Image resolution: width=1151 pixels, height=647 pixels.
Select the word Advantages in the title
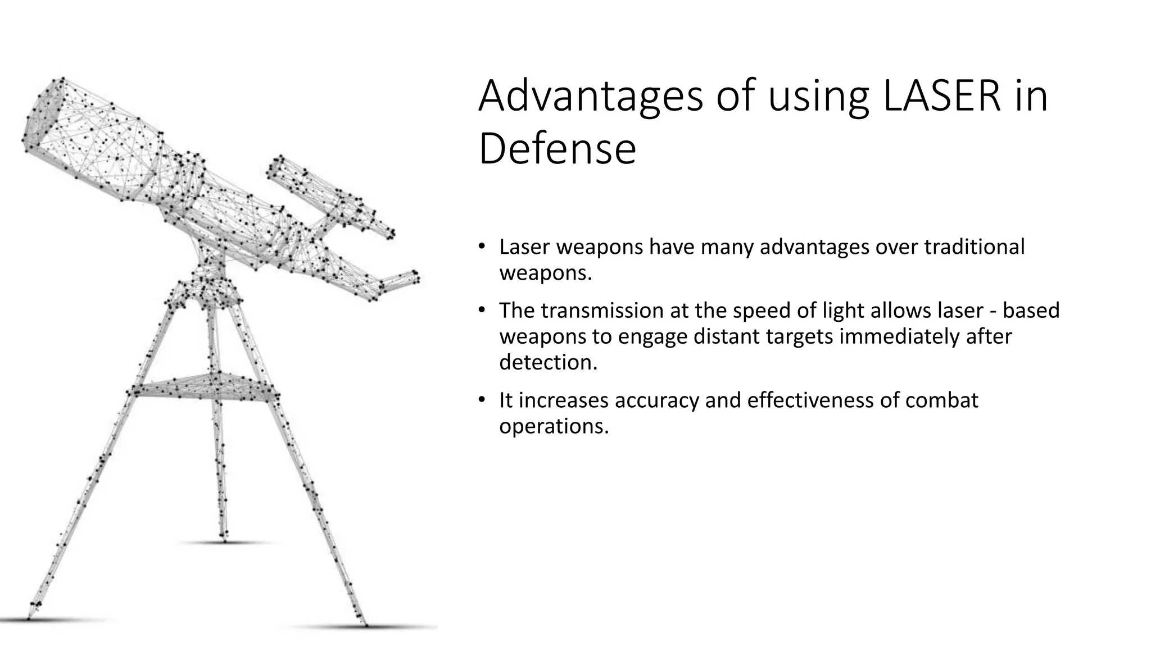click(x=591, y=96)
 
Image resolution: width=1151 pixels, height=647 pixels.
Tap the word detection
click(x=548, y=362)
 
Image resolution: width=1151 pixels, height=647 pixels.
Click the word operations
click(x=554, y=426)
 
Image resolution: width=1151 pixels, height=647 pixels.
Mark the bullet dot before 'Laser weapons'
click(x=482, y=247)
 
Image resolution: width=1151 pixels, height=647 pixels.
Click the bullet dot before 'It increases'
click(x=482, y=400)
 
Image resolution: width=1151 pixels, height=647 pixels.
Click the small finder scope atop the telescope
click(x=329, y=194)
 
